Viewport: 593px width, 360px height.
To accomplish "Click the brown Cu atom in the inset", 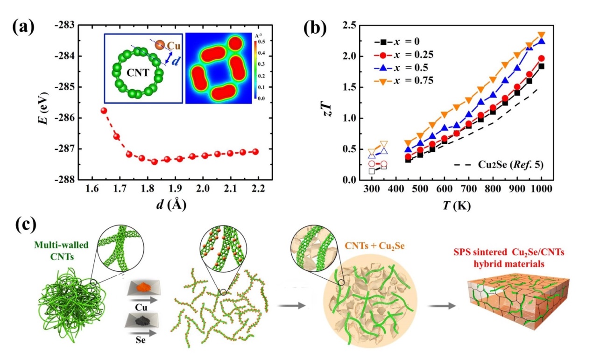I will coord(160,46).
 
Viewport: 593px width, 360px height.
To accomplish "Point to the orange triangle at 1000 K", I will coord(542,35).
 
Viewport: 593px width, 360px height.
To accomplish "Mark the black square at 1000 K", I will coord(542,66).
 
